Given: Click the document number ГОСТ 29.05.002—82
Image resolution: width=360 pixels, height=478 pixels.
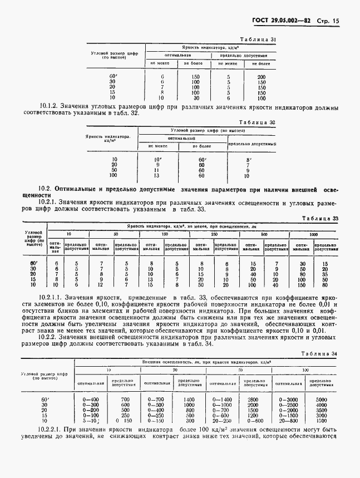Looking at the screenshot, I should (x=283, y=21).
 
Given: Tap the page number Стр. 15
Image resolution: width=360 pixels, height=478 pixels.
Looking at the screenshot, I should (x=327, y=21).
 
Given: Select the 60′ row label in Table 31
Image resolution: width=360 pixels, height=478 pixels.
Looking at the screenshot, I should (x=114, y=76).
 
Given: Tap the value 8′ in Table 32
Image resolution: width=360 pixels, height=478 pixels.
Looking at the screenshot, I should (x=250, y=160).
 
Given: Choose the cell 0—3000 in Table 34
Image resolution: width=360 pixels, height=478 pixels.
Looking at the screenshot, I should (x=289, y=400).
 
